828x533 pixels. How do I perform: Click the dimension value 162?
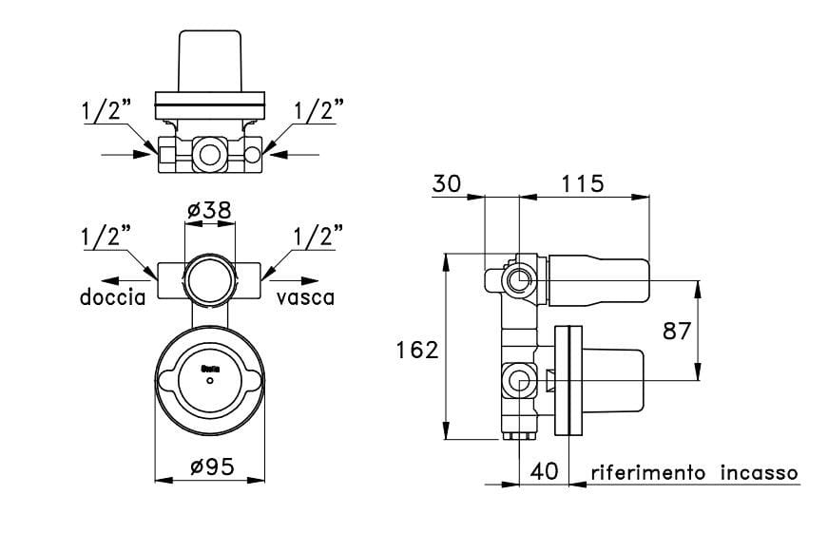pyautogui.click(x=416, y=351)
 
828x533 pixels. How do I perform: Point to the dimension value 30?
pyautogui.click(x=447, y=184)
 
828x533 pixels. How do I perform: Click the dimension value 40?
pyautogui.click(x=545, y=472)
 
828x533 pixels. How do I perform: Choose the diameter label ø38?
pyautogui.click(x=209, y=211)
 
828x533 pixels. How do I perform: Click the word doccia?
pyautogui.click(x=112, y=297)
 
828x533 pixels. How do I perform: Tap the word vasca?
pyautogui.click(x=306, y=297)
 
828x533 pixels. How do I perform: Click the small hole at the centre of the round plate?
pyautogui.click(x=209, y=381)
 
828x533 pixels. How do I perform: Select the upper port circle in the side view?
pyautogui.click(x=519, y=280)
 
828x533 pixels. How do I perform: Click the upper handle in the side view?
pyautogui.click(x=599, y=280)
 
